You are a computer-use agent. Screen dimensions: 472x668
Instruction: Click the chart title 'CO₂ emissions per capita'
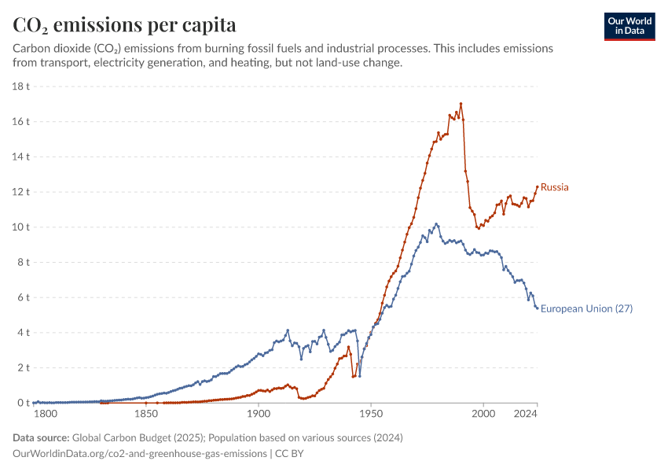pyautogui.click(x=124, y=24)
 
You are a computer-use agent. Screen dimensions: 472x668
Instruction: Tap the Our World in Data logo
pyautogui.click(x=629, y=26)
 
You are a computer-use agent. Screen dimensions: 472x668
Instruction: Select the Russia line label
pyautogui.click(x=554, y=187)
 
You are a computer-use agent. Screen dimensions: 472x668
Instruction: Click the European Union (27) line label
pyautogui.click(x=586, y=308)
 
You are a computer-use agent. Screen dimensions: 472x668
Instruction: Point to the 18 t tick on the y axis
pyautogui.click(x=21, y=87)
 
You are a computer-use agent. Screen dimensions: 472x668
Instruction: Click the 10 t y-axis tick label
pyautogui.click(x=21, y=227)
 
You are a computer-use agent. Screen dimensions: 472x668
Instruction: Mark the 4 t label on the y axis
pyautogui.click(x=24, y=332)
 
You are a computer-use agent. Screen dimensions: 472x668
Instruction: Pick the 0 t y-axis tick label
pyautogui.click(x=24, y=403)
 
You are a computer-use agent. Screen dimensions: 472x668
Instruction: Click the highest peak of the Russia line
pyautogui.click(x=461, y=104)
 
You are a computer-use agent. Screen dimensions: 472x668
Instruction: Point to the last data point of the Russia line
pyautogui.click(x=538, y=187)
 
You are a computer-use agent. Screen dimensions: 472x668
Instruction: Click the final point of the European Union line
pyautogui.click(x=538, y=308)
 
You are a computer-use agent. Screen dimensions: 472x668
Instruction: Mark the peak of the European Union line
pyautogui.click(x=436, y=224)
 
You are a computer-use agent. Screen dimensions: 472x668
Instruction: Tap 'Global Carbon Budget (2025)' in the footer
pyautogui.click(x=135, y=437)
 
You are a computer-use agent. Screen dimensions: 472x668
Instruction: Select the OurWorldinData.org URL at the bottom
pyautogui.click(x=140, y=454)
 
